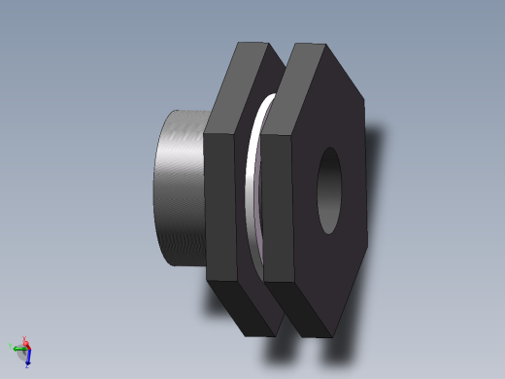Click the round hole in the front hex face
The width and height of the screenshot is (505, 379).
point(330,190)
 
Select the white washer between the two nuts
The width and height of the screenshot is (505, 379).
point(255,185)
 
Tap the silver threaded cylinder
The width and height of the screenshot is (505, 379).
point(180,189)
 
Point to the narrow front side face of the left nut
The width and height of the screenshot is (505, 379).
point(220,209)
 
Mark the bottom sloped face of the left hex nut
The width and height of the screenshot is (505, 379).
point(243,310)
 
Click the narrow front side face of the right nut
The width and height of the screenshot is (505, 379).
point(277,209)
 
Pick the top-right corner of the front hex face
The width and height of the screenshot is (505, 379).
point(364,97)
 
